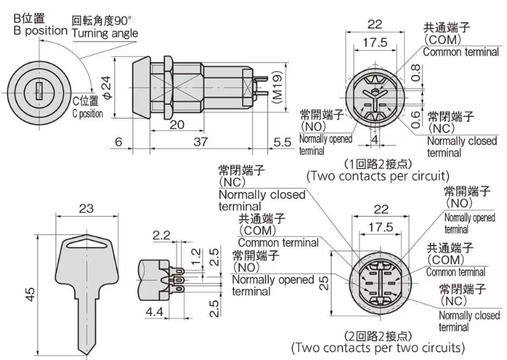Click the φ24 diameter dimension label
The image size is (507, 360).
[x=107, y=87]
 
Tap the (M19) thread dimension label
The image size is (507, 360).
[x=278, y=86]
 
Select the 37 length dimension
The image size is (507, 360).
[x=201, y=141]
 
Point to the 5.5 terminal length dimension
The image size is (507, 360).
[x=282, y=142]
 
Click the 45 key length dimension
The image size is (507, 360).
[x=30, y=294]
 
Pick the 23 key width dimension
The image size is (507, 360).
[x=87, y=208]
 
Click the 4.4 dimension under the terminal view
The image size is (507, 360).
[x=154, y=312]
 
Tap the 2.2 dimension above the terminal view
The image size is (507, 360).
[x=162, y=235]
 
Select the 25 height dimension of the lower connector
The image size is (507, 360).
[x=324, y=283]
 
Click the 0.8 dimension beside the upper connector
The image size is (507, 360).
[x=416, y=72]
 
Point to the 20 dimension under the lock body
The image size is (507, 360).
[x=177, y=125]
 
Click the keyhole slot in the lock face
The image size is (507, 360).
[x=39, y=91]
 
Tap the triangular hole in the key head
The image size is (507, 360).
[x=87, y=243]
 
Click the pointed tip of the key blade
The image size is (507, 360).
[x=87, y=355]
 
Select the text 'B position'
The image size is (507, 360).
[x=40, y=31]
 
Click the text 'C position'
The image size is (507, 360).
[x=88, y=114]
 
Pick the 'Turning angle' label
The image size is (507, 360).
[x=105, y=34]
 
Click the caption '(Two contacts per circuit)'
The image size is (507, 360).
[x=378, y=176]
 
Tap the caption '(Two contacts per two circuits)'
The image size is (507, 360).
[x=378, y=348]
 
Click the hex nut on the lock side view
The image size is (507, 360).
[x=168, y=88]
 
